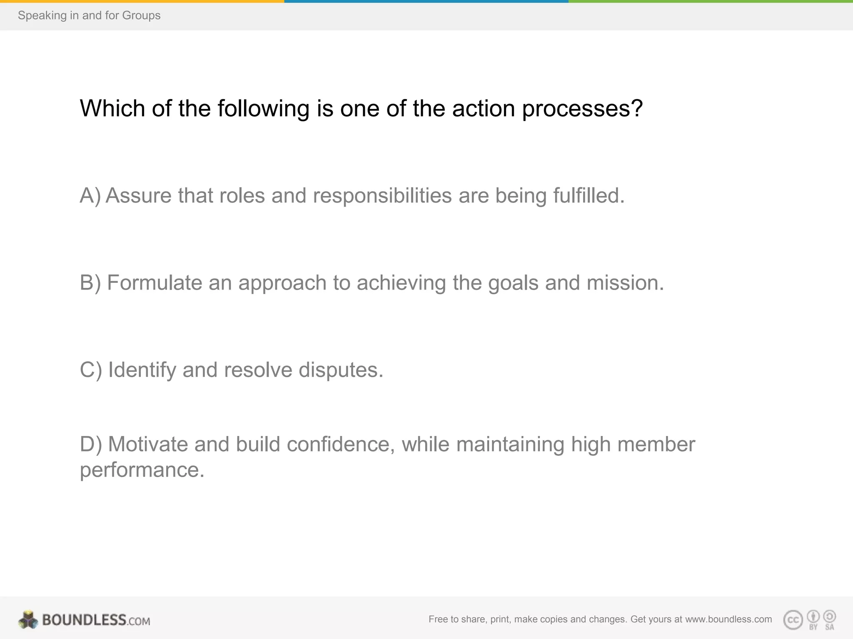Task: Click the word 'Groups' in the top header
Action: click(141, 15)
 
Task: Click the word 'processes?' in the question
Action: click(582, 109)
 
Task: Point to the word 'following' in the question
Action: click(263, 109)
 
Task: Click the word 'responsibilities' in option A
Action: click(382, 196)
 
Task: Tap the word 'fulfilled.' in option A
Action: click(589, 196)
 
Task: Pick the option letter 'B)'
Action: click(90, 283)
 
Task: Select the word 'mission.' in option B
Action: click(625, 283)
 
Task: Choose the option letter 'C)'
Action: click(91, 370)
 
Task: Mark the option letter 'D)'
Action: click(91, 444)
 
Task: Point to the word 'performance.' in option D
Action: click(142, 470)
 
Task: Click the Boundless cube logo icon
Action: click(28, 620)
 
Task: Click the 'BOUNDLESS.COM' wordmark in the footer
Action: click(96, 620)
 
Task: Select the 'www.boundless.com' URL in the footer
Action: click(728, 619)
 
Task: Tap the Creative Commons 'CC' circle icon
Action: click(793, 620)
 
